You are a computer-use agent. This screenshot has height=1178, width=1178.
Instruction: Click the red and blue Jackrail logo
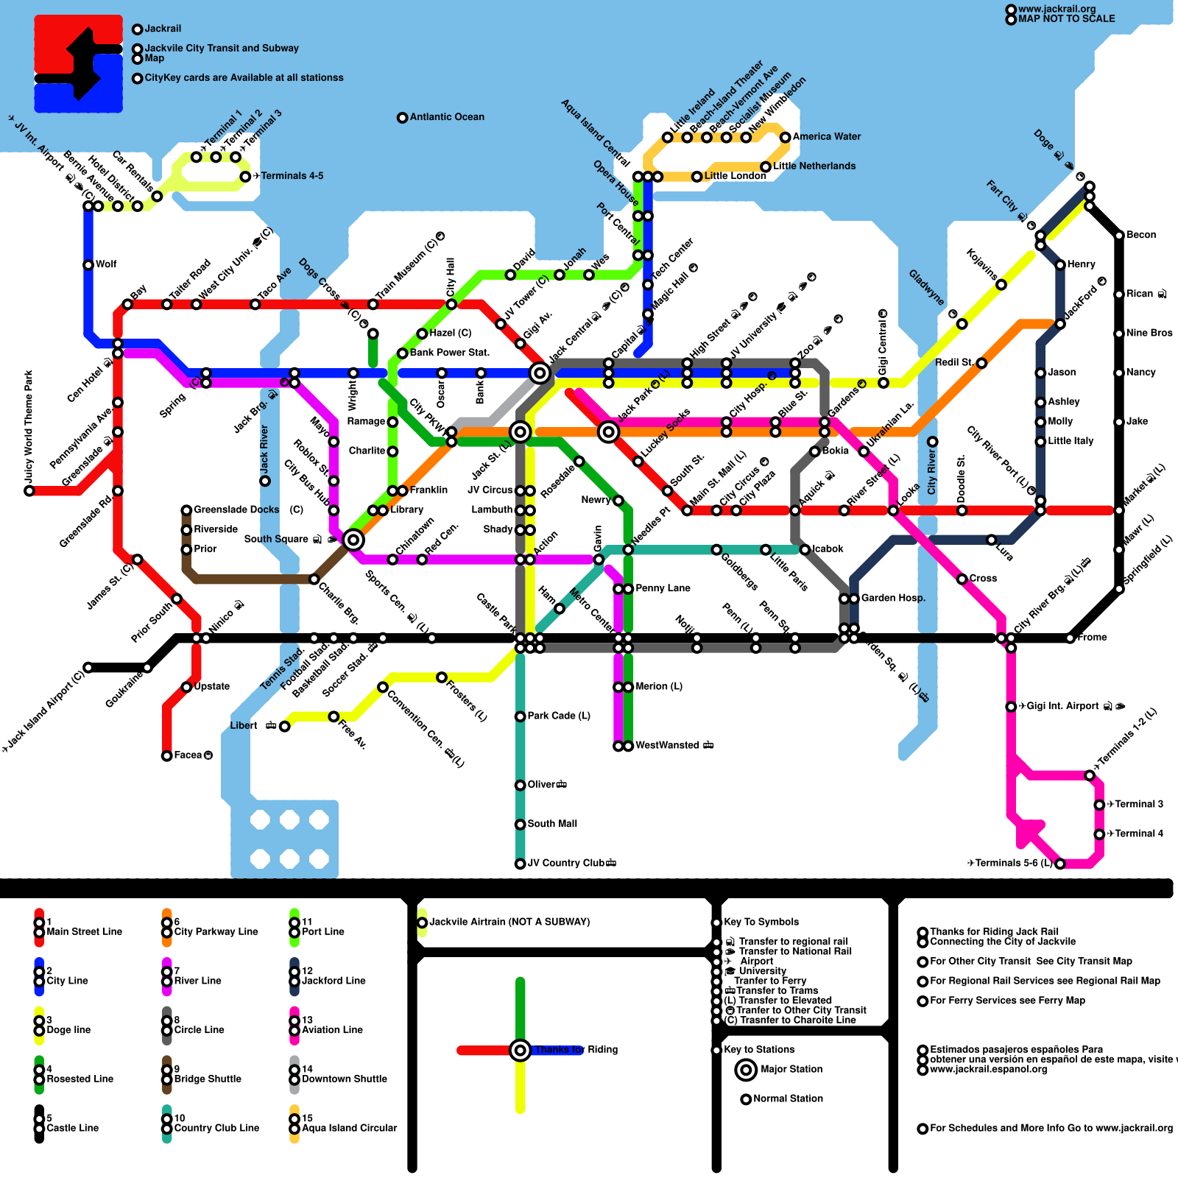tap(78, 64)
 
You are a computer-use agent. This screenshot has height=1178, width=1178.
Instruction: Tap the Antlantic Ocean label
tap(447, 117)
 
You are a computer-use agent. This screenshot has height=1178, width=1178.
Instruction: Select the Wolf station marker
tap(88, 264)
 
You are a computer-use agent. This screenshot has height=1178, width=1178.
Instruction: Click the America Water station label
tap(826, 137)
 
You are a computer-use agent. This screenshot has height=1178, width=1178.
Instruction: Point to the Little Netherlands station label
tap(814, 166)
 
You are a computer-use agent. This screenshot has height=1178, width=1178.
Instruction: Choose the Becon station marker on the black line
tap(1119, 236)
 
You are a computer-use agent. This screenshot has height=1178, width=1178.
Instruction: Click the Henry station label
tap(1081, 264)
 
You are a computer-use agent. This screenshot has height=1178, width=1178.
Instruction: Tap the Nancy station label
tap(1140, 373)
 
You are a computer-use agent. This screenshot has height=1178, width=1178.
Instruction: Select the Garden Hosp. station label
tap(893, 598)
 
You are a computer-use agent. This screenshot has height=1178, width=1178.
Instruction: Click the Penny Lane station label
tap(663, 588)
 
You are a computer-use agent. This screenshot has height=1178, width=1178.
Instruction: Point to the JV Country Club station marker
tap(520, 864)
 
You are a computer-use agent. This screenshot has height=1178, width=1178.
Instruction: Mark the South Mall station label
tap(552, 824)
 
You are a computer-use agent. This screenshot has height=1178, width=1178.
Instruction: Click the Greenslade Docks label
tap(236, 509)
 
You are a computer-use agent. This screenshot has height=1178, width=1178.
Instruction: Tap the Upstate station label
tap(212, 686)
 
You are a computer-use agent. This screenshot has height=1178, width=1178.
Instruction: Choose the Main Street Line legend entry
tap(84, 932)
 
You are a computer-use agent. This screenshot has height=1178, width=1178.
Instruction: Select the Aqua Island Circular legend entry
tap(349, 1128)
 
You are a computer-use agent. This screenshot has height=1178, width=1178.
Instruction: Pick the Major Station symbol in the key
tap(746, 1070)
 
